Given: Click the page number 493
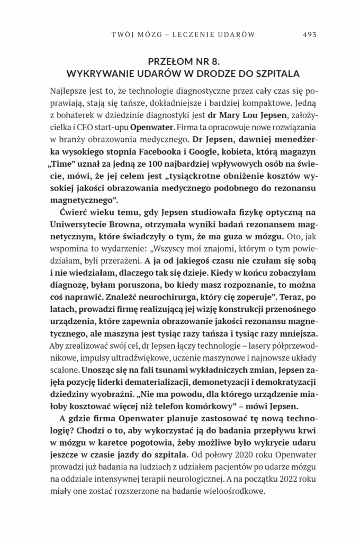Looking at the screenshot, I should coord(309,35).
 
